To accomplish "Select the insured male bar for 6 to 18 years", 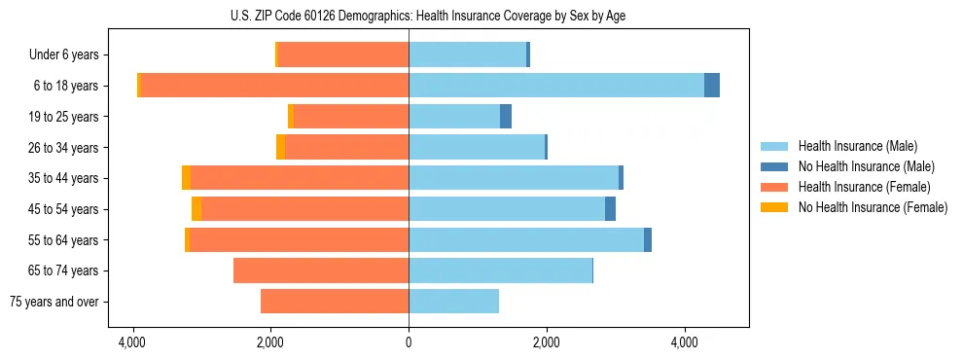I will point(555,86).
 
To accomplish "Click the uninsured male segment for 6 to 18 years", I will point(712,86).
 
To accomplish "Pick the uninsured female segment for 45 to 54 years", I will point(196,209).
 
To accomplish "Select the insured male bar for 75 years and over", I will point(453,302).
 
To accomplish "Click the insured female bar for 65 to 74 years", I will point(321,270).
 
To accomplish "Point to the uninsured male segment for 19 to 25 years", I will point(506,117).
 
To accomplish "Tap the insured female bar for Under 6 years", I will point(342,54).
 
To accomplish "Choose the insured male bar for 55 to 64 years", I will point(526,240).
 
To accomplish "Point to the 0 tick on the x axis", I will point(409,342).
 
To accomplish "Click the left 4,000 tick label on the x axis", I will point(131,342).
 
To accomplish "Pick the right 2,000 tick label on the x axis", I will point(547,342).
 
